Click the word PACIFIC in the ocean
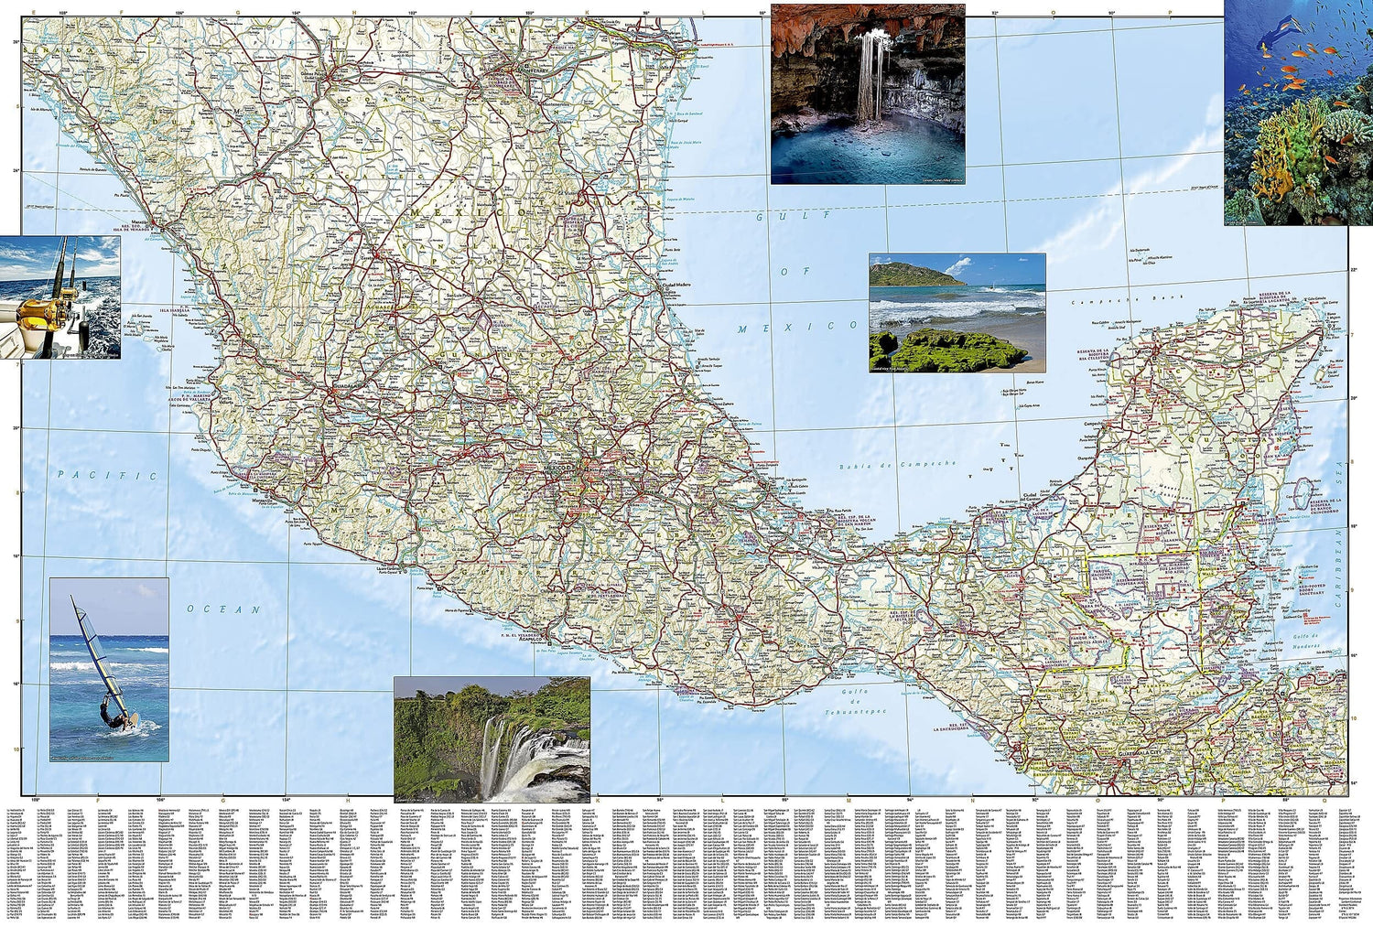[107, 476]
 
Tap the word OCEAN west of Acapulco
[224, 609]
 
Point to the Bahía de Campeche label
[897, 465]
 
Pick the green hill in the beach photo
[912, 273]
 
